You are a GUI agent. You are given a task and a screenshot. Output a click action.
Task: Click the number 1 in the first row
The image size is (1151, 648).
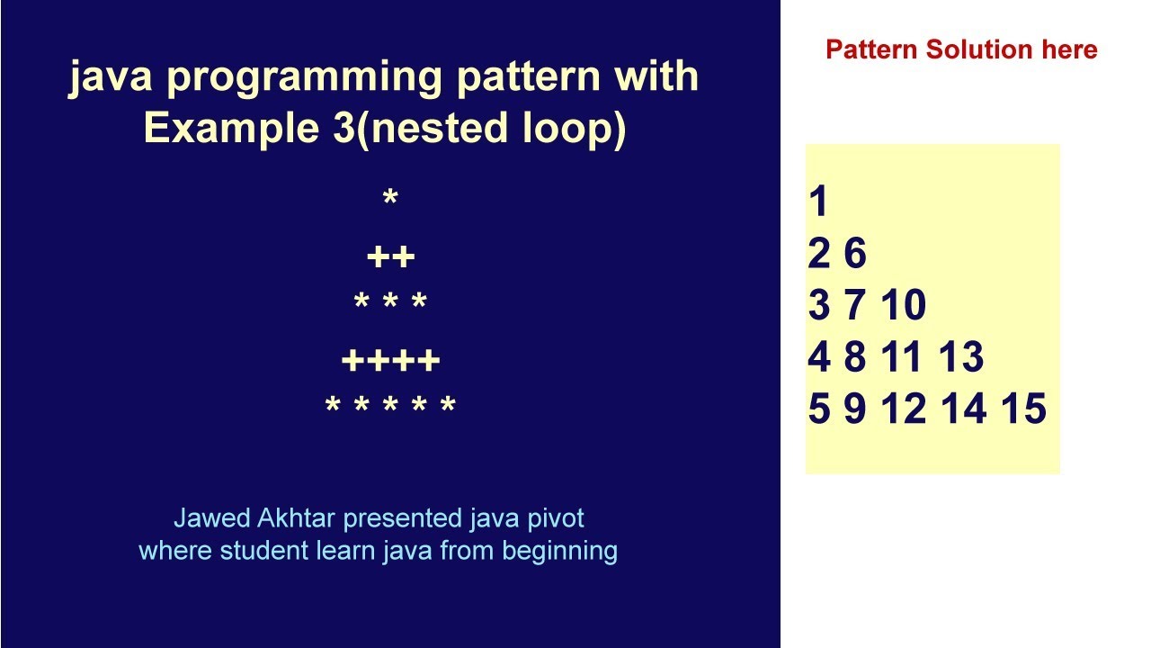pyautogui.click(x=817, y=202)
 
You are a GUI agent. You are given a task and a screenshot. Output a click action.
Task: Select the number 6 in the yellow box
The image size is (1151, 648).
pyautogui.click(x=855, y=254)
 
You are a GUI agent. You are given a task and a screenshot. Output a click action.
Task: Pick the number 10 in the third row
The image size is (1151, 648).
pyautogui.click(x=903, y=306)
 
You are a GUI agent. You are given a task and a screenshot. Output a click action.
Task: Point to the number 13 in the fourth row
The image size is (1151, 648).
pyautogui.click(x=962, y=357)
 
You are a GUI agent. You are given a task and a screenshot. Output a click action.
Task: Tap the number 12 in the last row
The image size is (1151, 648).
pyautogui.click(x=904, y=409)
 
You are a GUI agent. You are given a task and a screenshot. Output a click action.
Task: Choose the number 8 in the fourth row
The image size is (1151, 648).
pyautogui.click(x=854, y=357)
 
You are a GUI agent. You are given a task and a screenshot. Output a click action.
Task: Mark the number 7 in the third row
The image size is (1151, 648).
pyautogui.click(x=854, y=306)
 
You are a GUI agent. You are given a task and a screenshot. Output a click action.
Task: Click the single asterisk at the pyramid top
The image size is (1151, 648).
pyautogui.click(x=390, y=199)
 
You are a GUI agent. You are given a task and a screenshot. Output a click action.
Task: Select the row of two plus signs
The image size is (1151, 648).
pyautogui.click(x=390, y=258)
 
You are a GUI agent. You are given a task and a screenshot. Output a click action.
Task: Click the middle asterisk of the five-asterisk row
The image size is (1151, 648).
pyautogui.click(x=390, y=407)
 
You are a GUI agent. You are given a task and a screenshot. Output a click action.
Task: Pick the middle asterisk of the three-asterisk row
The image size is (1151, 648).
pyautogui.click(x=390, y=303)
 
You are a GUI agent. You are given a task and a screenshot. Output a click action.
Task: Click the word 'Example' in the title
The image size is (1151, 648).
pyautogui.click(x=225, y=129)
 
